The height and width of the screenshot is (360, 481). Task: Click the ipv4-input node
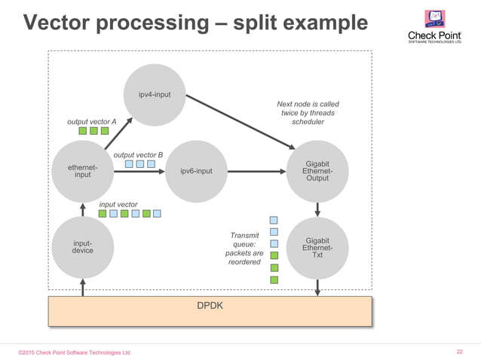154,95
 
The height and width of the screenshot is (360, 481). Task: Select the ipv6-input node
196,171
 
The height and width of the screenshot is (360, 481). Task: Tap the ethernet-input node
83,171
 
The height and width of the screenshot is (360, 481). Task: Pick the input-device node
83,247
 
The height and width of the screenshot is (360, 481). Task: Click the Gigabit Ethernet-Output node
317,171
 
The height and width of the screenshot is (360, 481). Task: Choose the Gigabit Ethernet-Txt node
317,247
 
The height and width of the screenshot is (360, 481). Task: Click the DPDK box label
210,307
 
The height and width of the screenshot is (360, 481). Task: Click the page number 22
460,352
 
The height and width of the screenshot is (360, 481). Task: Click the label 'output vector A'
92,121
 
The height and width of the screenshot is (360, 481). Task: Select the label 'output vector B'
138,155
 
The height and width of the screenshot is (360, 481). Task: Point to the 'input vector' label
118,204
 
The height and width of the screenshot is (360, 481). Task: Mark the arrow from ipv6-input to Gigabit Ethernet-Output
256,172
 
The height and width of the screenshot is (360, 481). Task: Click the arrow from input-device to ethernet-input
83,209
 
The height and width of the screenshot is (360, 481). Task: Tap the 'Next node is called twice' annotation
308,113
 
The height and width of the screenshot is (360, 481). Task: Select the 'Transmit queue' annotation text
244,249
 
